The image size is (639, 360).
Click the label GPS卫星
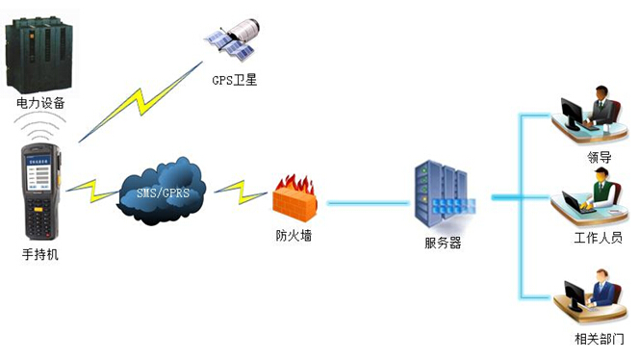pyautogui.click(x=235, y=80)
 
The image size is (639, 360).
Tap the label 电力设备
pyautogui.click(x=40, y=103)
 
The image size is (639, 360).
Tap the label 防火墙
pyautogui.click(x=293, y=235)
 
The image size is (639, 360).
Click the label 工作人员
pyautogui.click(x=598, y=238)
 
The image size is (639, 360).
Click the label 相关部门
pyautogui.click(x=599, y=340)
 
